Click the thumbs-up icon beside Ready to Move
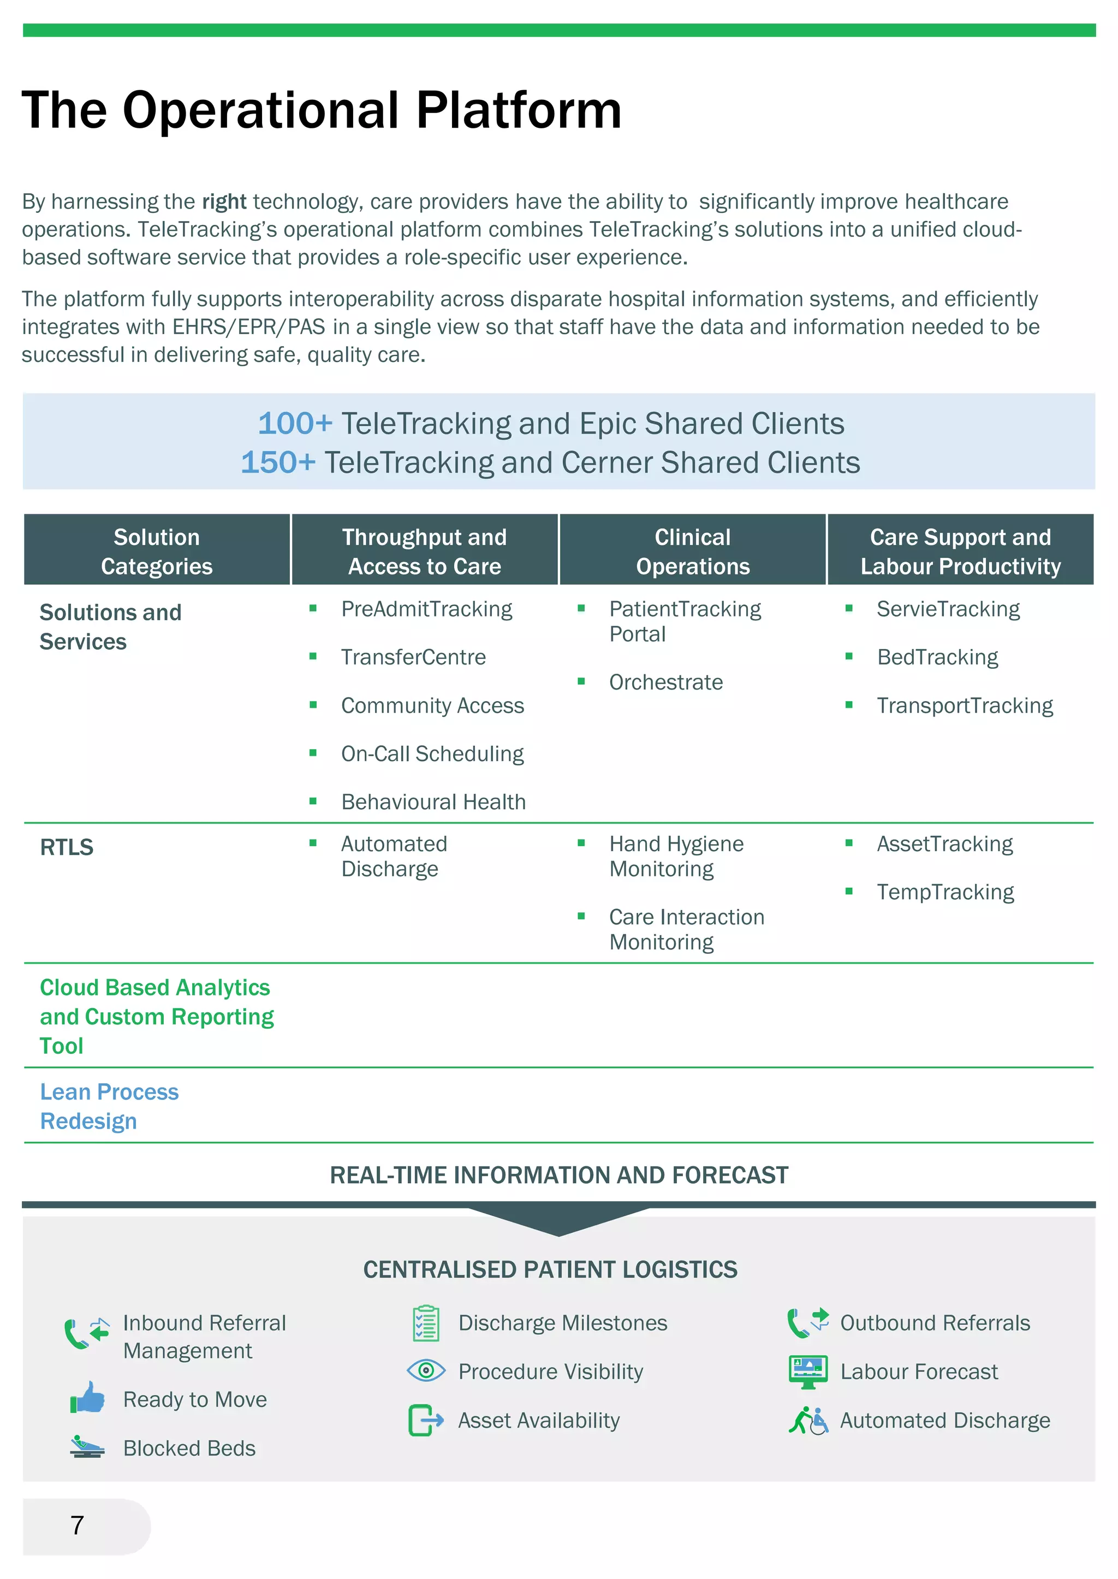pos(87,1398)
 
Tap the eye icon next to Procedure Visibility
pos(426,1370)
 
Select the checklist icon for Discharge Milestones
pos(425,1323)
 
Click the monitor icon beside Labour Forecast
pos(807,1371)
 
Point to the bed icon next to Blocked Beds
pos(87,1447)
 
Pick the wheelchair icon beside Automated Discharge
pos(808,1420)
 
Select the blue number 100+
pos(295,424)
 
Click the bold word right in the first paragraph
pos(224,202)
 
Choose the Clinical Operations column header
pos(693,551)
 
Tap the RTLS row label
pos(67,847)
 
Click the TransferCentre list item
pos(413,657)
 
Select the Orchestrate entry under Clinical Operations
pos(665,682)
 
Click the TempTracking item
pos(945,892)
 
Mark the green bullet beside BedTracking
pos(849,657)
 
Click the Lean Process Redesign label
pos(109,1106)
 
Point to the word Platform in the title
pos(519,110)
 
